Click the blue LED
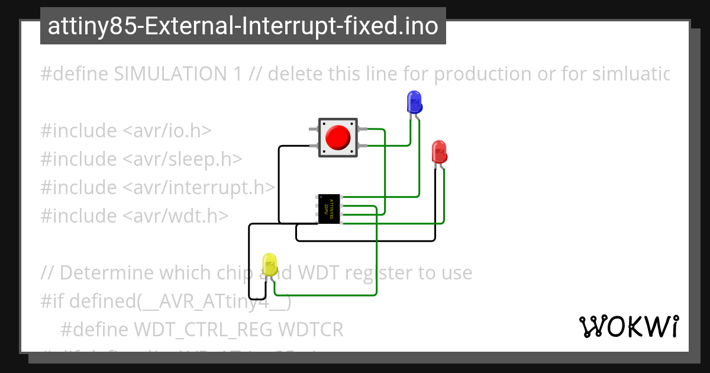click(x=414, y=102)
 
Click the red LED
click(x=439, y=152)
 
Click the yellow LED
click(x=270, y=265)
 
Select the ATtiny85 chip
click(x=329, y=209)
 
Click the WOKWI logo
click(x=629, y=326)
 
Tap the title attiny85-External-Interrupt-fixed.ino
click(x=243, y=27)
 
